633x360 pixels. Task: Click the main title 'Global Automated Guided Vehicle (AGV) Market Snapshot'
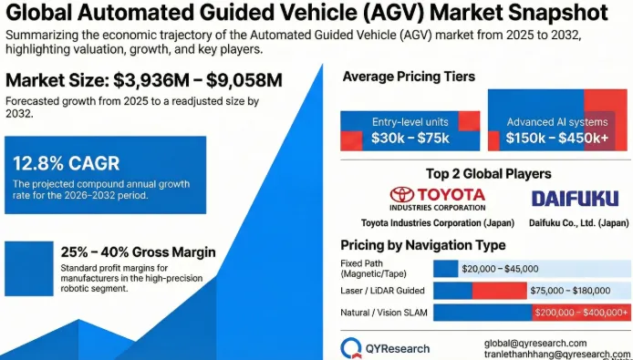(306, 14)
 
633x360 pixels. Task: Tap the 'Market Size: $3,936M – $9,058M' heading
(143, 81)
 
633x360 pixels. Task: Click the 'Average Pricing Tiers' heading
(409, 77)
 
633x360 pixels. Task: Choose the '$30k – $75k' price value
(410, 138)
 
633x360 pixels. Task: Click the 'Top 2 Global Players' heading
(488, 173)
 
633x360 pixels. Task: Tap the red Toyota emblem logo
(401, 194)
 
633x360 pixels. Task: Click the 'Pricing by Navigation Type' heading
(422, 245)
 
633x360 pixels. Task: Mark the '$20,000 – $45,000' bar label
(500, 269)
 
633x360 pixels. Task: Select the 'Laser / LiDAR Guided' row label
(382, 291)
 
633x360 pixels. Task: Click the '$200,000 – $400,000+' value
(580, 313)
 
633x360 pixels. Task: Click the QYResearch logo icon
(353, 347)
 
